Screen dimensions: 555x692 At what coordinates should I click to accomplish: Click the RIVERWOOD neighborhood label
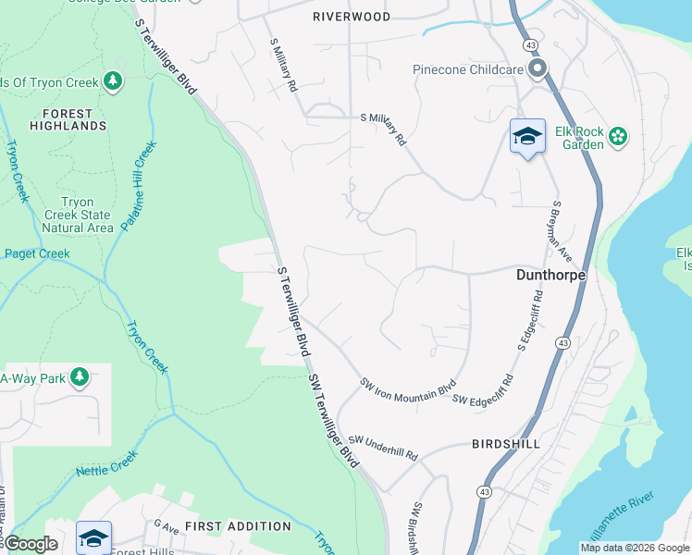click(352, 17)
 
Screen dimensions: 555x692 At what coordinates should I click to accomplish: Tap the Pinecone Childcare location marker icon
click(538, 68)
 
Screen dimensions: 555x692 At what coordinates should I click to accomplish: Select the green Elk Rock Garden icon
click(618, 138)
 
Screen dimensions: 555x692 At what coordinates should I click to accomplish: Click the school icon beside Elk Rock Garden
click(527, 136)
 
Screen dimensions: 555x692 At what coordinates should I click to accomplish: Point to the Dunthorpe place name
click(547, 276)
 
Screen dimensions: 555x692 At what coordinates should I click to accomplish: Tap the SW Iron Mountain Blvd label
click(409, 387)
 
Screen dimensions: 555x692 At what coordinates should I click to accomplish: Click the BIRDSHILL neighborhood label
click(505, 444)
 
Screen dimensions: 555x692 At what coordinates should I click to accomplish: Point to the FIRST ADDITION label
click(238, 526)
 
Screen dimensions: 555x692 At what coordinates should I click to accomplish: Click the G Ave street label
click(167, 526)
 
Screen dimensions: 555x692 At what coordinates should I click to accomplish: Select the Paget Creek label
click(37, 253)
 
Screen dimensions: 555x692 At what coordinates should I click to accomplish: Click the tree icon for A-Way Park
click(80, 377)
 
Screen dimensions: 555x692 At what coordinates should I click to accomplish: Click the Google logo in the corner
click(31, 544)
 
